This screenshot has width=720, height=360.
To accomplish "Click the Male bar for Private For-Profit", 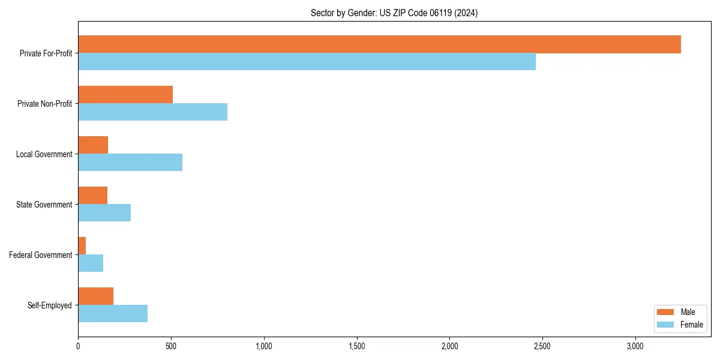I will click(x=379, y=44).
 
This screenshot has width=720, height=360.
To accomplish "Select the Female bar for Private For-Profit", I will click(x=307, y=62).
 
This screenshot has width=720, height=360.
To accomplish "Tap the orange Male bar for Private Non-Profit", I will click(x=125, y=95).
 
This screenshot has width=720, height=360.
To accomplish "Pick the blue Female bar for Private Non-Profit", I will click(x=152, y=112).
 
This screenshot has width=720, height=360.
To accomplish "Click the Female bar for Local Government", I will click(x=130, y=163).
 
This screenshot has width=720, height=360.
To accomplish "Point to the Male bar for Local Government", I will click(x=93, y=145).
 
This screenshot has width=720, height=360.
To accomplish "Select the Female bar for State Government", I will click(x=104, y=213).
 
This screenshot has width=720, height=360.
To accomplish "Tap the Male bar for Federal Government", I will click(x=82, y=246).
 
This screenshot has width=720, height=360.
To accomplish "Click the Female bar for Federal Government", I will click(x=91, y=263).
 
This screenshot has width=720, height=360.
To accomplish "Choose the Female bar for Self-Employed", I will click(x=113, y=314).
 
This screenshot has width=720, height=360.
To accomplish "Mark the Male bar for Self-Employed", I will click(x=96, y=296).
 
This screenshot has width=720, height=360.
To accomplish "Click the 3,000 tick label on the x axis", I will click(x=635, y=346).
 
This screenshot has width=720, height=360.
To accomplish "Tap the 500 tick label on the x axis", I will click(x=171, y=346).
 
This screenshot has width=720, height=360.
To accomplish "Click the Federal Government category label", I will click(x=40, y=255).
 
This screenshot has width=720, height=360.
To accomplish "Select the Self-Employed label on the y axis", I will click(x=49, y=305).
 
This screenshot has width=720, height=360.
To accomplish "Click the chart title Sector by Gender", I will click(x=394, y=13).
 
